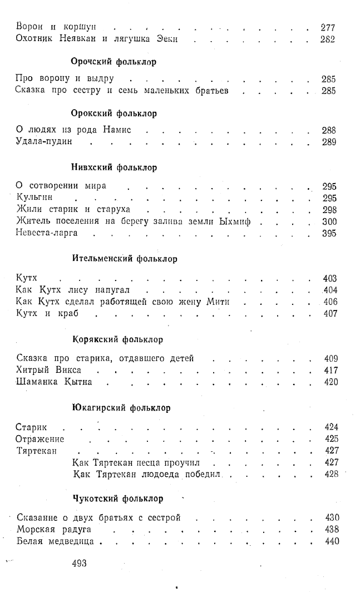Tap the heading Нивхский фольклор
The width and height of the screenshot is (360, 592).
115,167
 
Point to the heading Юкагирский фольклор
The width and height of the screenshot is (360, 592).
121,408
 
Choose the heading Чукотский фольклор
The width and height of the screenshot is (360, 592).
118,498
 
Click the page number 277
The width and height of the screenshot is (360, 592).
328,26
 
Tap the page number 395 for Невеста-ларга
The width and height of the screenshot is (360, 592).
329,233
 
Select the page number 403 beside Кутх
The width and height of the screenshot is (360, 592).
330,278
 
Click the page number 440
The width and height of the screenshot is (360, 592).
332,540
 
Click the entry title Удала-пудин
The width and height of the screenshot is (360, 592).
45,142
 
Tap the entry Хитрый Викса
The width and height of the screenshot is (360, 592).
50,370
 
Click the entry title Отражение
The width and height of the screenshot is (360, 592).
40,438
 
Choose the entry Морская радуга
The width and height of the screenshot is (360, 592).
54,529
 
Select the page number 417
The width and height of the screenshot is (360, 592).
331,370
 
